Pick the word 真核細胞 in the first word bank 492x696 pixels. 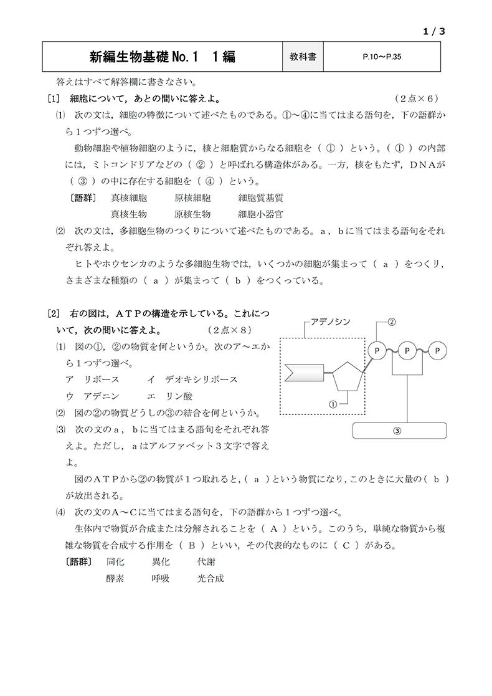click(129, 198)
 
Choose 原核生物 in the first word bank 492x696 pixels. click(192, 214)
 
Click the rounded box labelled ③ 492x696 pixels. click(400, 430)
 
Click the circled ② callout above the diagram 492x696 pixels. click(392, 322)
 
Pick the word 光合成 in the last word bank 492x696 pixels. click(210, 578)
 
